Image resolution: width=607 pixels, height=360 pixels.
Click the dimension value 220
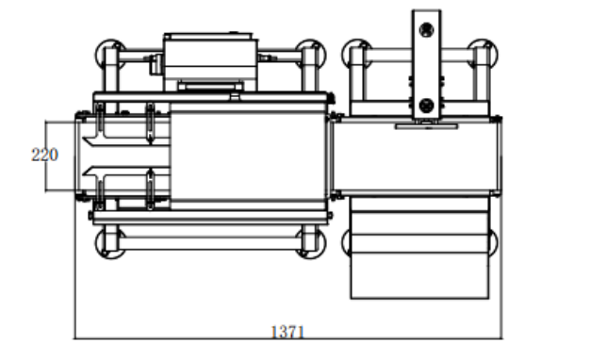(x=44, y=155)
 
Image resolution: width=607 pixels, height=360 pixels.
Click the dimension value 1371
(x=287, y=332)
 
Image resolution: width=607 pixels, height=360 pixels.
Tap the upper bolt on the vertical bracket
(x=426, y=29)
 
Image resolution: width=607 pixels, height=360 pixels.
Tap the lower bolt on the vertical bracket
(x=426, y=106)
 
